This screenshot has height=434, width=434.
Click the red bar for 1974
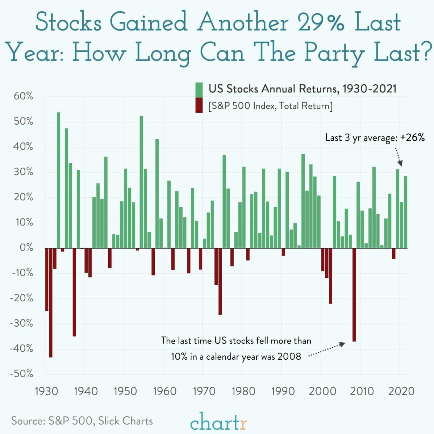point(220,281)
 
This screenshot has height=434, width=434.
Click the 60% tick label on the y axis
point(24,96)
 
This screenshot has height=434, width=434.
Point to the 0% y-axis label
point(26,248)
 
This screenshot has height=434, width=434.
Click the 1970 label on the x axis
point(204,391)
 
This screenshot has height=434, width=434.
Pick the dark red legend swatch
point(199,105)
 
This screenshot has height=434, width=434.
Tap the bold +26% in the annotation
point(412,137)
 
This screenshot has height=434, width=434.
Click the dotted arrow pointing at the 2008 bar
point(327,350)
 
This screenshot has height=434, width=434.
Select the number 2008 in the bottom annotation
point(289,357)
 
